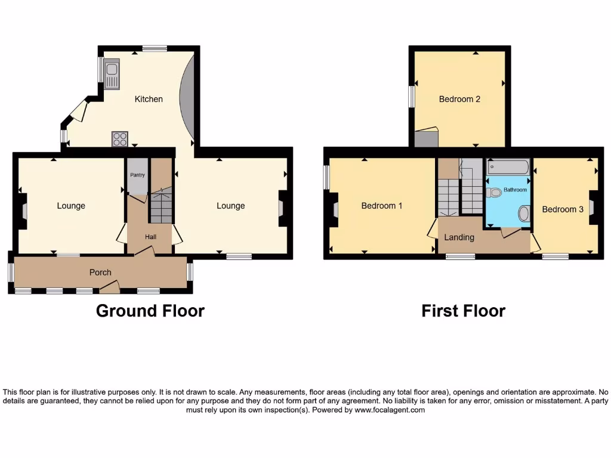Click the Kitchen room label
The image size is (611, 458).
pos(149,99)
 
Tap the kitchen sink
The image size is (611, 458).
pos(112,74)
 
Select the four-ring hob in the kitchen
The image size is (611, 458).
pos(119,139)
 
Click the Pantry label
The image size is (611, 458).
pos(138,175)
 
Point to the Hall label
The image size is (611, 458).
pos(150,237)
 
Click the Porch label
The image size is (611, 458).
pos(100,273)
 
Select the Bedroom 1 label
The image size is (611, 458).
pos(382,206)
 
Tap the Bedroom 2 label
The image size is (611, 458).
pos(459,99)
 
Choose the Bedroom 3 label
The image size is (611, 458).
pos(563,209)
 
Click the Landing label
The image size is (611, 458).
pos(459,237)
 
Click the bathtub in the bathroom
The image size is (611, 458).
pos(508,166)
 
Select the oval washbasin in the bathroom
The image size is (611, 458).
pos(524,213)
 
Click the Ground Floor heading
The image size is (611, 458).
pos(150,311)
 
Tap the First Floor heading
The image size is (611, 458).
pos(463,311)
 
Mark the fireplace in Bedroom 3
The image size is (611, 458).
pos(592,207)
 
